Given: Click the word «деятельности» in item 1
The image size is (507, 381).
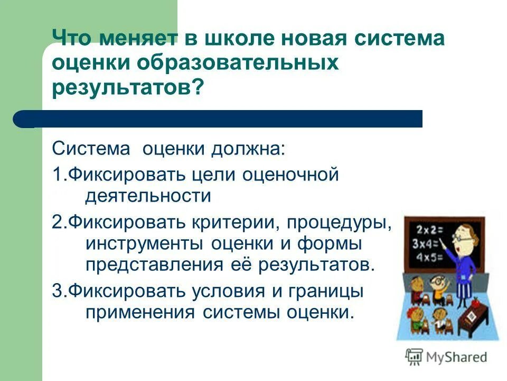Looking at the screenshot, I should coord(148,196).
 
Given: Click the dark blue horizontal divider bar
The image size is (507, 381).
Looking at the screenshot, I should coord(222,119).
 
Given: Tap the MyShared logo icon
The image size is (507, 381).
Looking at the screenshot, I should coord(414,357).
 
